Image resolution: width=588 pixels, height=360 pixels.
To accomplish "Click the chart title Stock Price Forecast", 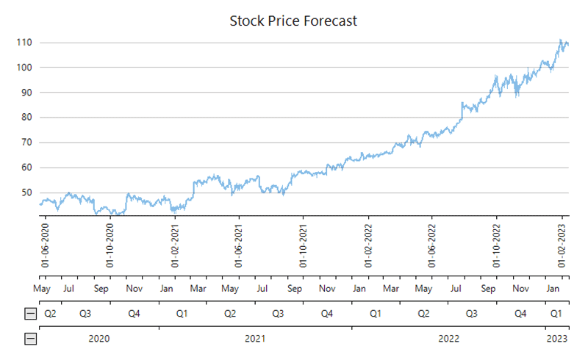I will (x=293, y=21).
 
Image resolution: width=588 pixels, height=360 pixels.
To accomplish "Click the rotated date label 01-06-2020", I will (x=46, y=245).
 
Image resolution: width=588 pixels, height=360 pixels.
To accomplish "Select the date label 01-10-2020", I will (x=111, y=245).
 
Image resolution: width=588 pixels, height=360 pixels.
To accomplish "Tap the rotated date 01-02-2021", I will (x=176, y=245).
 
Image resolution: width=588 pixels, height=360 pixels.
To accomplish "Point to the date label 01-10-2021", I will (x=304, y=245).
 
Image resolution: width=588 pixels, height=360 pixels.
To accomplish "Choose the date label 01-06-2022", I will (x=432, y=245).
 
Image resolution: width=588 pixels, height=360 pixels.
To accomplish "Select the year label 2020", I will (x=99, y=339).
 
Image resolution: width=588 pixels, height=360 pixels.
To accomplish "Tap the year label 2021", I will (x=255, y=339).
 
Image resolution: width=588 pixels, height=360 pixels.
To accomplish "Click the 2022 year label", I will (x=448, y=339).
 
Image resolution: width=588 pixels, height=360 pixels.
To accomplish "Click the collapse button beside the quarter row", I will (x=31, y=314).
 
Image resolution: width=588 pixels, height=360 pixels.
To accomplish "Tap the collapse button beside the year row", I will (x=31, y=339).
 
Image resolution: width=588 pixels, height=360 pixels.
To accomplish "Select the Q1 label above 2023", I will (x=558, y=314).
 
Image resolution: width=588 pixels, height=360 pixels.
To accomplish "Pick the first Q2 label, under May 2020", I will (x=51, y=314).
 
